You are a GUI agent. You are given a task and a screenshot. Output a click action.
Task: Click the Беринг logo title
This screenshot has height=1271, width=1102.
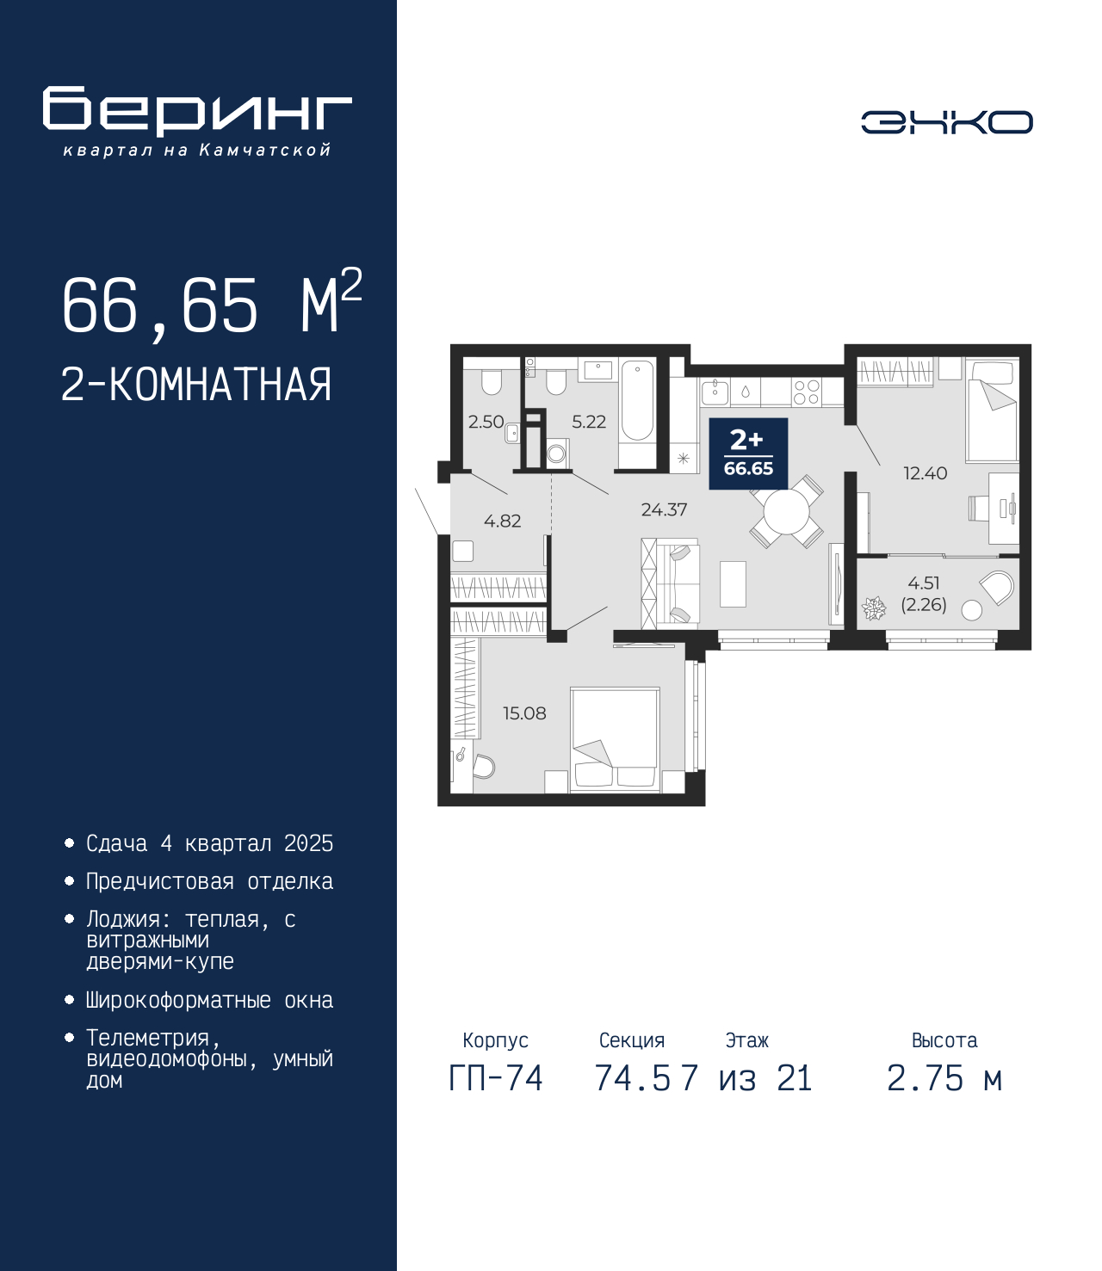point(197,111)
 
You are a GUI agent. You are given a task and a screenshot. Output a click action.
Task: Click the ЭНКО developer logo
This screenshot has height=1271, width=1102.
point(946,121)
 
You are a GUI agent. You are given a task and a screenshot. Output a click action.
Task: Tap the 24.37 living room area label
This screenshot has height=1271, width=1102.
point(664,509)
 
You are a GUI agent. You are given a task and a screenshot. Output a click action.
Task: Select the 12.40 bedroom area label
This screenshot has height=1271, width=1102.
point(925,472)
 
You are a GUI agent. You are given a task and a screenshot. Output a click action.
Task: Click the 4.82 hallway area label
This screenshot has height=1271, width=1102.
point(502,521)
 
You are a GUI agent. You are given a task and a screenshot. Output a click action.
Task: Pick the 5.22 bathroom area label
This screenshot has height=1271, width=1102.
point(589,421)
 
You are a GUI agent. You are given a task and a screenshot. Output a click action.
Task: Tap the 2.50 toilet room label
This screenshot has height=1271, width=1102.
point(486,421)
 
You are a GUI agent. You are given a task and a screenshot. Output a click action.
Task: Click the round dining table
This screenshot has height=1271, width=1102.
point(786,512)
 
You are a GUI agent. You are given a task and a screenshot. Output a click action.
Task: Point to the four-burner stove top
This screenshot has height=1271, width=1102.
point(806,392)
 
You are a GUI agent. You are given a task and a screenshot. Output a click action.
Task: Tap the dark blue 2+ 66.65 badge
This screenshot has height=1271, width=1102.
point(748,453)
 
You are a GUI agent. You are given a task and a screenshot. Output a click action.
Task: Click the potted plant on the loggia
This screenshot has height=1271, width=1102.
point(874,608)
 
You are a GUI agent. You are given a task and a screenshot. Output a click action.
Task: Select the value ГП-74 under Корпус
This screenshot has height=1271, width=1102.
point(495,1078)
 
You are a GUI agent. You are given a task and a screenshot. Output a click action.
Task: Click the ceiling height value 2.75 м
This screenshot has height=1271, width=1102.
point(944,1078)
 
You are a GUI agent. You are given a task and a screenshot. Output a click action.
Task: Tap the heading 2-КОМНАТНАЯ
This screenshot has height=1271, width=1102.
point(196,385)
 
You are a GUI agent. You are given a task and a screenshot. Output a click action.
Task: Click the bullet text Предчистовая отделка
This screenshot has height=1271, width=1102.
point(209,881)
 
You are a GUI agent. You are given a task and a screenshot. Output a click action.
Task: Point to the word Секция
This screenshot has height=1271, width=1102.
point(632,1040)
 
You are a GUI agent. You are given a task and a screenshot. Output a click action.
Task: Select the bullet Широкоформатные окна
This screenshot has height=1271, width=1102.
point(209,1000)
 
